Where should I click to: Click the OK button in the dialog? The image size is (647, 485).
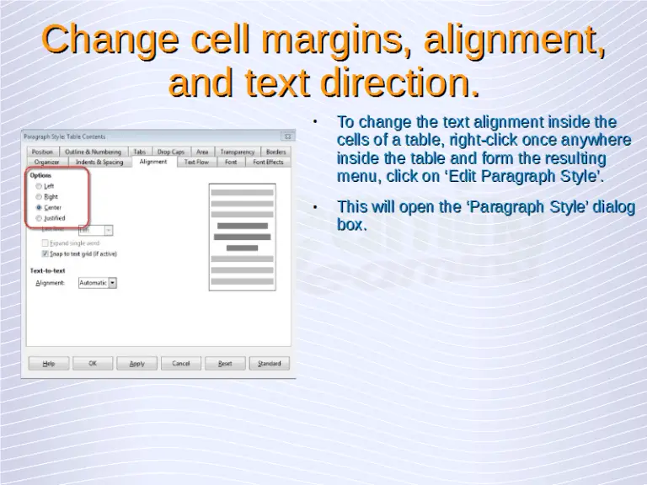(x=93, y=364)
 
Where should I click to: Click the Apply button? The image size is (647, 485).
(x=136, y=364)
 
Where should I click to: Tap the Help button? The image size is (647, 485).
(x=49, y=364)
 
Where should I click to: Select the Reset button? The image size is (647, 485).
(x=225, y=364)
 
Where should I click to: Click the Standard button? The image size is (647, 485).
(x=269, y=364)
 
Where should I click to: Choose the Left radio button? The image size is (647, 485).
(x=39, y=186)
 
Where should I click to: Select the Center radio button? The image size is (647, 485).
(x=39, y=207)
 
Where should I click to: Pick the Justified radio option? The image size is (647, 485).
(x=39, y=218)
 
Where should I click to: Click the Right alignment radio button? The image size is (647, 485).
(x=39, y=197)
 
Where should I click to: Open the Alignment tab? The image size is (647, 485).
(x=153, y=162)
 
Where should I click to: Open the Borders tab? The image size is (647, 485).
(x=275, y=152)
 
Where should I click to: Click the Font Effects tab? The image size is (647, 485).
(x=268, y=162)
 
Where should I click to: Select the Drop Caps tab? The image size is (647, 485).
(x=170, y=152)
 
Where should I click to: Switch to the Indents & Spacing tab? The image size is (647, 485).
(x=99, y=162)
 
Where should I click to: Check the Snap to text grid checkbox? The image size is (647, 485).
(x=45, y=253)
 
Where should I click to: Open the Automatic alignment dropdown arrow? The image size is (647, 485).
(x=112, y=283)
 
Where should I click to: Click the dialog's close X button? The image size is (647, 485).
(x=287, y=136)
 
